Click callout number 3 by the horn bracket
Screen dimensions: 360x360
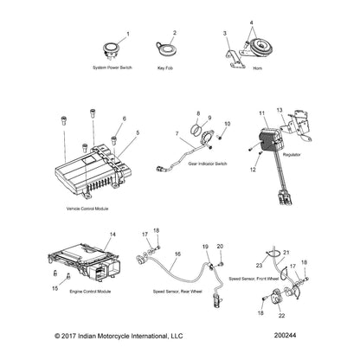coord(224,33)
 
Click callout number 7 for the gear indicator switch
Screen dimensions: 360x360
coord(178,134)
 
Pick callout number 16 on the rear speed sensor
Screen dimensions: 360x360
coord(177,254)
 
